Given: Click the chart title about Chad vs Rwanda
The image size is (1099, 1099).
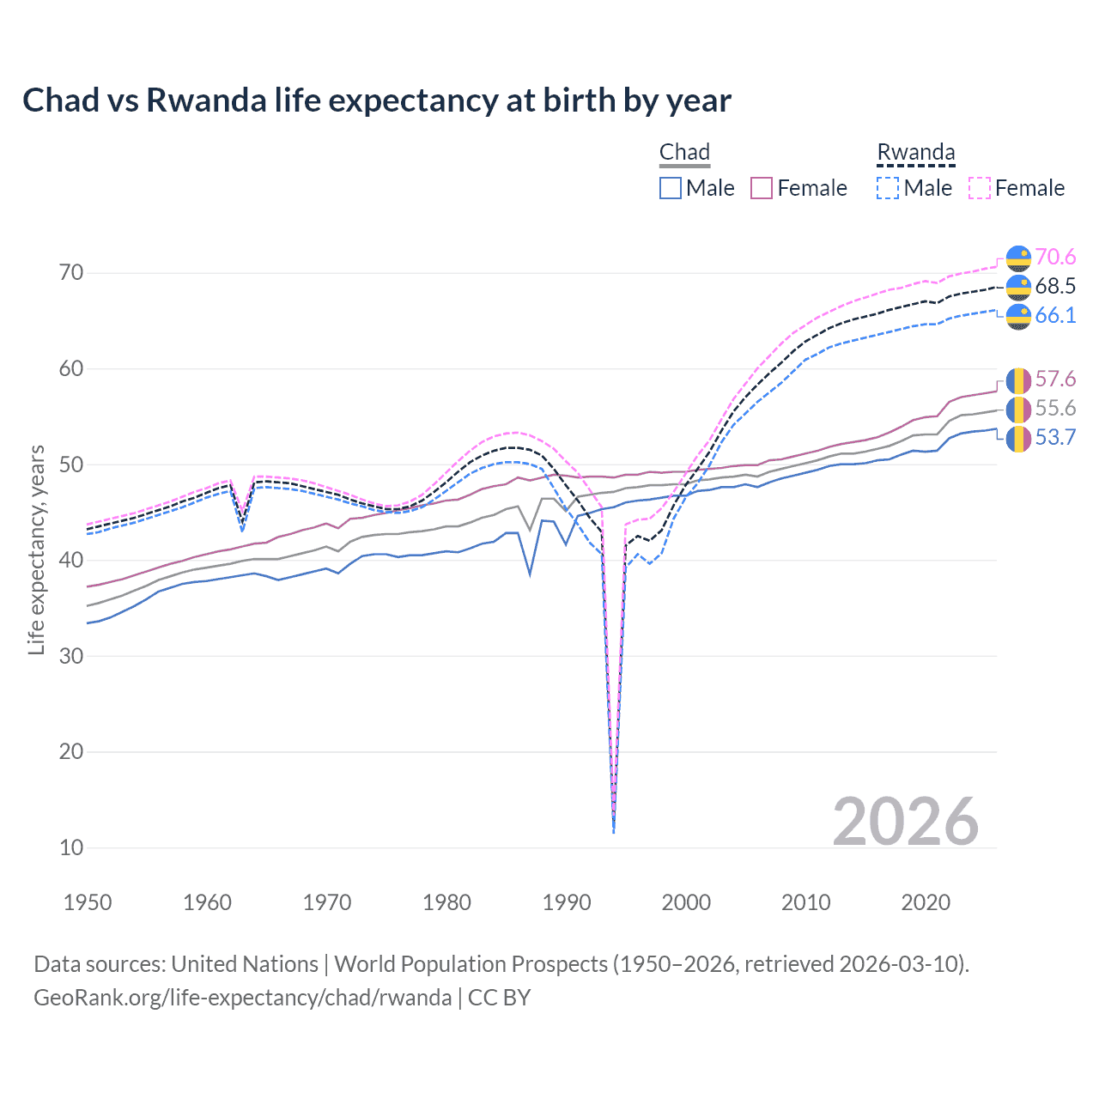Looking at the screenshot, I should coord(376,100).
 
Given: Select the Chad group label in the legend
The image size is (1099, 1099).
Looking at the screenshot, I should coord(684,152).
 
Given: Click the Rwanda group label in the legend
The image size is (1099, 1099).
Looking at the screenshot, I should coord(915,152).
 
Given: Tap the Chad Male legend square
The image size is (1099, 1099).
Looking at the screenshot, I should coord(671,188).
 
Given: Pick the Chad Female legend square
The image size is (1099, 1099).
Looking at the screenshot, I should coord(762,188).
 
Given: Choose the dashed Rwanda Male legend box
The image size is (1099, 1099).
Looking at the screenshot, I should coord(888,188).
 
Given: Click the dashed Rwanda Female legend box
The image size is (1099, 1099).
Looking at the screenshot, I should coord(980,188).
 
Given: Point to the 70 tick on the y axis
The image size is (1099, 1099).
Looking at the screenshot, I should coord(71,273).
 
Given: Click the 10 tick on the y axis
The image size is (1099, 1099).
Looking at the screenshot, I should coord(71,847).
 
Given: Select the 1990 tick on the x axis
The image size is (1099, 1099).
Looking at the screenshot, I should coord(567,902).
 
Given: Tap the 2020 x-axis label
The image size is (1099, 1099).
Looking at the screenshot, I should coord(926,902).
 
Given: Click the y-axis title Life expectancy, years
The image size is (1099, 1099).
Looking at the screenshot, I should coord(36,549).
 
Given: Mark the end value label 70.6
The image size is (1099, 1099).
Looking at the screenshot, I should coord(1055,257).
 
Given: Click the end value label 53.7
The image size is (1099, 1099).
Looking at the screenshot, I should coord(1055,438).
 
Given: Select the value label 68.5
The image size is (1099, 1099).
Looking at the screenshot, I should coord(1055,286).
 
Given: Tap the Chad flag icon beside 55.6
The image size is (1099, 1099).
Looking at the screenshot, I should coord(1018,409).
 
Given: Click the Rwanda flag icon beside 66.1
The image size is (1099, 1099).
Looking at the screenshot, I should coord(1018,316).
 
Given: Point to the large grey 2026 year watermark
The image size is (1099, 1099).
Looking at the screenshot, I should coord(905,822).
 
